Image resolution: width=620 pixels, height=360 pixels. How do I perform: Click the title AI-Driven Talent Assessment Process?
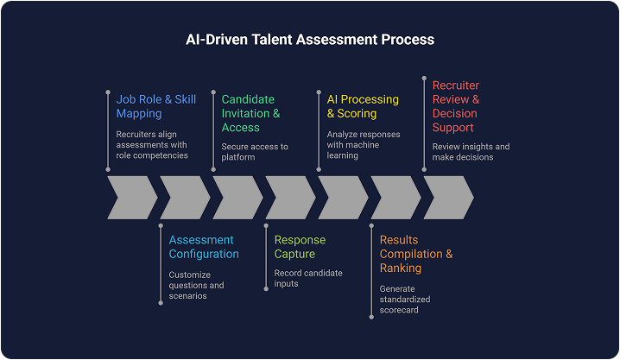coord(310,40)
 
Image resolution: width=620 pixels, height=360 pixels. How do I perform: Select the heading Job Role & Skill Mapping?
coord(155,106)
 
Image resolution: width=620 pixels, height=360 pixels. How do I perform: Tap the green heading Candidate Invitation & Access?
coord(250,113)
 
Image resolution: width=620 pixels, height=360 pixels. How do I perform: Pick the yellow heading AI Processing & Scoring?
coord(362,106)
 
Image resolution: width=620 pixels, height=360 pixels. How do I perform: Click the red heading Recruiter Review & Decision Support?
coord(456,106)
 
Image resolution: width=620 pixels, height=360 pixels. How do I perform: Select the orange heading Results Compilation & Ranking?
coord(416,254)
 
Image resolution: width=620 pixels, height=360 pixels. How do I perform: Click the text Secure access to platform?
coord(255,152)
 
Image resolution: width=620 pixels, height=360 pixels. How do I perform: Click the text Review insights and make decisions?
coord(471,152)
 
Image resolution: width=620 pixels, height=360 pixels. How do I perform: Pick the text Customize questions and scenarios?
coord(197,286)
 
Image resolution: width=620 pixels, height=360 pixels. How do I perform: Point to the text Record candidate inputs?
coord(308,279)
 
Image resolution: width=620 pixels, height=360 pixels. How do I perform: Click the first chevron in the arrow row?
coord(131,197)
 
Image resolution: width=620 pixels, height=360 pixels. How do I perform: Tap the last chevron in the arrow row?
coord(447,197)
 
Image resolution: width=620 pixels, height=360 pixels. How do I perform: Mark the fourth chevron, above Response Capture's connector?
coord(289,197)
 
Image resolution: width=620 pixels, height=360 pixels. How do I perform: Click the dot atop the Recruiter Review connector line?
coord(424,79)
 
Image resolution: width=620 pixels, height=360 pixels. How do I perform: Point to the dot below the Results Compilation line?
coord(371,317)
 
